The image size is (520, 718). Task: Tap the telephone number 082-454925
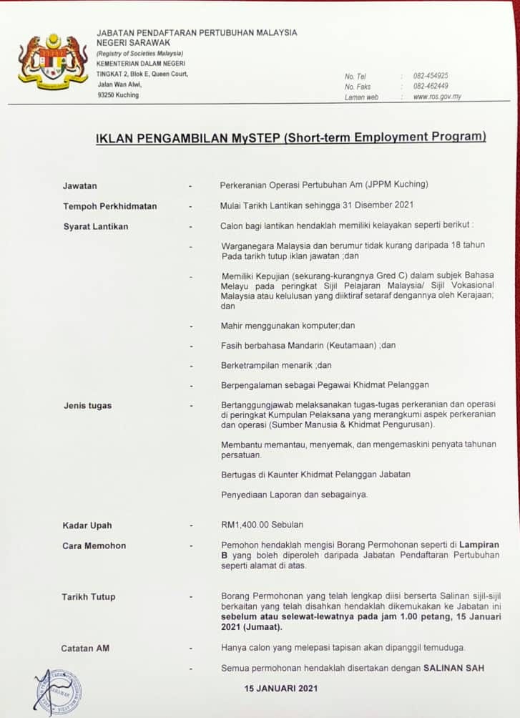[431, 76]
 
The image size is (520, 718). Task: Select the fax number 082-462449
[431, 87]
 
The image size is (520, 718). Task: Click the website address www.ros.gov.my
[437, 97]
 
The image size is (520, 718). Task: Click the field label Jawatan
[79, 186]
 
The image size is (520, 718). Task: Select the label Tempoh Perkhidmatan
[109, 206]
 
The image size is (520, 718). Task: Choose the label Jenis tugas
[87, 406]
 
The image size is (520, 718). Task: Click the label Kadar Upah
[87, 525]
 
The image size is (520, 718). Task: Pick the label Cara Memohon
[94, 545]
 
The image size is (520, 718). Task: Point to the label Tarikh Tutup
[88, 596]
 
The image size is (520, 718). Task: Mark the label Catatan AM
[85, 648]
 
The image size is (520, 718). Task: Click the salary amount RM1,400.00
[247, 525]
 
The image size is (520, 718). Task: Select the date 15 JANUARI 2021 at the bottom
[280, 689]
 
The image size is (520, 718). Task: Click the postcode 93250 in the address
[107, 95]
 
